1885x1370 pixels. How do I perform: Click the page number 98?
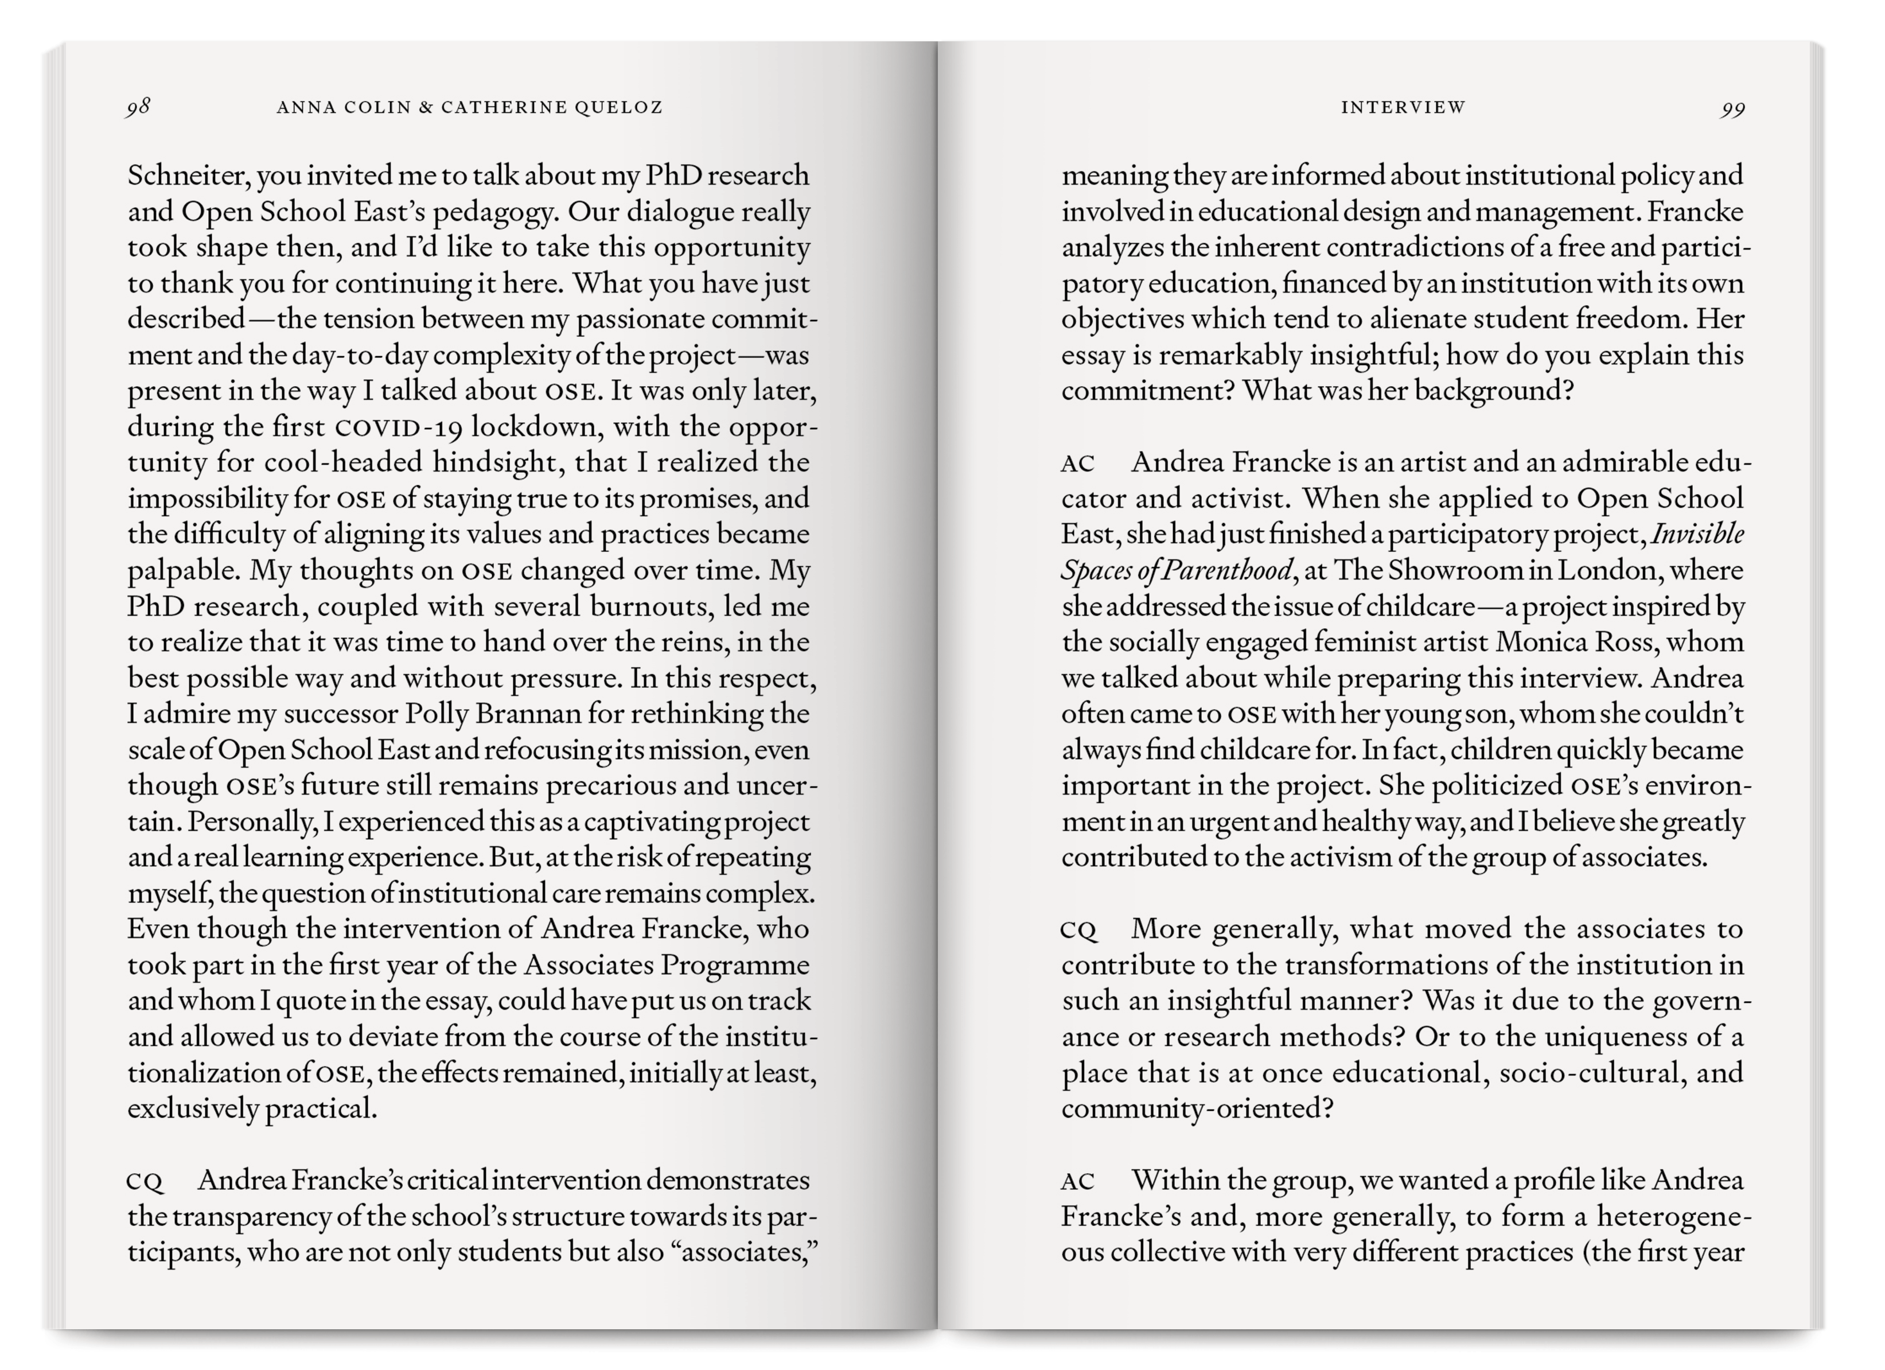(138, 107)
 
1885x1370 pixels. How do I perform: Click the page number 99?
(1733, 110)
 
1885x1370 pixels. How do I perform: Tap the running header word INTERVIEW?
(1403, 107)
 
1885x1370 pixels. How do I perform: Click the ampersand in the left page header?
(426, 107)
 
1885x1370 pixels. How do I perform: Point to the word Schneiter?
(188, 176)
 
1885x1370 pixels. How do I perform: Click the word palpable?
(183, 571)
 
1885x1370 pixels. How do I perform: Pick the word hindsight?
(496, 462)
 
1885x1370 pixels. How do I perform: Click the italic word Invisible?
(1697, 534)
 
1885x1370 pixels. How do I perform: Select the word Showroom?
(1442, 570)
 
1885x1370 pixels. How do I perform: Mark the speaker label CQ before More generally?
(1079, 930)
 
